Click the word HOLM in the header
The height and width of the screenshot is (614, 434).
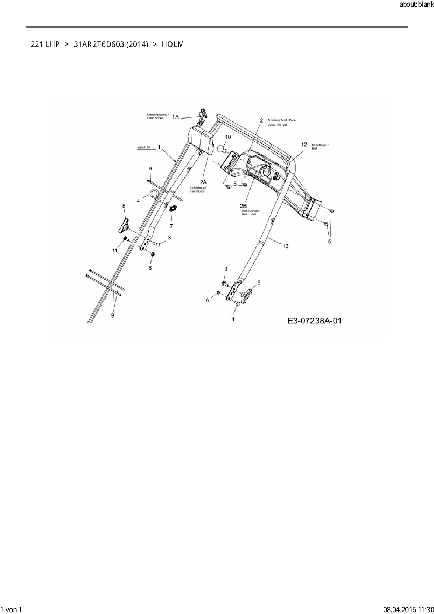coord(173,44)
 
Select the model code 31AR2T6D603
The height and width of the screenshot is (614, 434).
coord(99,44)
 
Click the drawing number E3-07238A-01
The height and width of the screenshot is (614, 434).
coord(314,321)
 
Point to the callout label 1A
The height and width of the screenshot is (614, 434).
coord(176,117)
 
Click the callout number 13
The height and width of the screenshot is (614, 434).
coord(285,246)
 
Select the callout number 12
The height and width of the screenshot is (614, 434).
coord(304,145)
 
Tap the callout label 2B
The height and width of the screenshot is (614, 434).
coord(243,206)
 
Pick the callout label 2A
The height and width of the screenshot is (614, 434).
coord(203,182)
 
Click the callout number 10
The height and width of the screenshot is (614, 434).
coord(227,137)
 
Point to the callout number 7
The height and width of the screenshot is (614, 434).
coord(171,226)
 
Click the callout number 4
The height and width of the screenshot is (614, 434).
coord(139,201)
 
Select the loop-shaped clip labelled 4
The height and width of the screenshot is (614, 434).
coord(154,193)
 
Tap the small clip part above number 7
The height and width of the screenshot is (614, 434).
coord(172,209)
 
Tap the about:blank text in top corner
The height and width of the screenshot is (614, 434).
coord(416,5)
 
